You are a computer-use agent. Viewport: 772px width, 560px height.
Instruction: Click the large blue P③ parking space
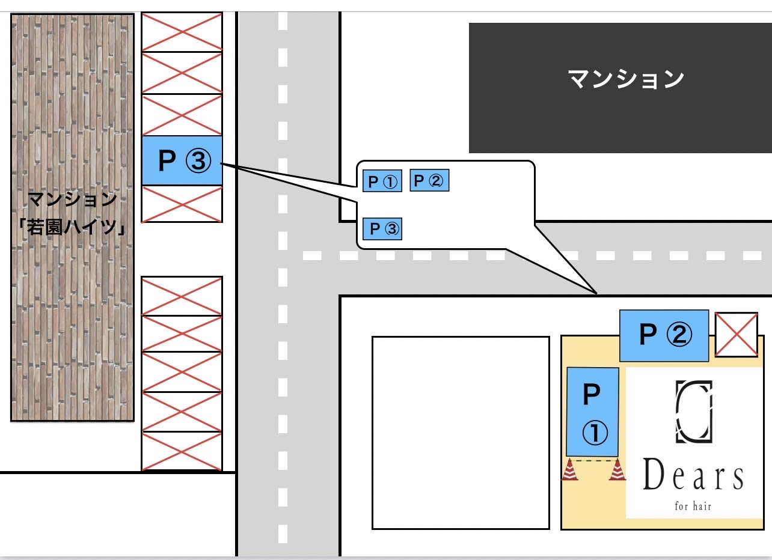click(182, 160)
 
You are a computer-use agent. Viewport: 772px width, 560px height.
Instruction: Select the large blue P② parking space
click(664, 336)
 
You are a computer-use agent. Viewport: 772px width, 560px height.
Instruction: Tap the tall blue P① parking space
click(592, 412)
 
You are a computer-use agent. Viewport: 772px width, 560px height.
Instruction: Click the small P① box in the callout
click(382, 181)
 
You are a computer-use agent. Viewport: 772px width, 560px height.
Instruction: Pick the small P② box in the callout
click(429, 180)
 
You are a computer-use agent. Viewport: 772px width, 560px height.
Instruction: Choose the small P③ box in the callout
click(382, 229)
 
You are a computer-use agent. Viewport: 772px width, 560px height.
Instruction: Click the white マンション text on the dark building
click(626, 79)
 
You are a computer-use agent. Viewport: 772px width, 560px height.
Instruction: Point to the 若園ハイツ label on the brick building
click(72, 227)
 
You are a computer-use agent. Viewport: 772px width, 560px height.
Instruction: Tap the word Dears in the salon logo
click(693, 475)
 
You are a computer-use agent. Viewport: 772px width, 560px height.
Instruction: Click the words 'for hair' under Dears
click(693, 507)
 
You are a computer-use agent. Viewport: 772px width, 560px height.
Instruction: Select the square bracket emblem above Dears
click(694, 412)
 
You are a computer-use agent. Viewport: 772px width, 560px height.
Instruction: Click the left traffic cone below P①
click(570, 469)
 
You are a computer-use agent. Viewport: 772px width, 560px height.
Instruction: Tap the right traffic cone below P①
click(617, 469)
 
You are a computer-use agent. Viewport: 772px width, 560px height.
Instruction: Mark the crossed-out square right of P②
click(736, 335)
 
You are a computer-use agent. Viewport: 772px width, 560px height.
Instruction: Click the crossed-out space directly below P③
click(182, 204)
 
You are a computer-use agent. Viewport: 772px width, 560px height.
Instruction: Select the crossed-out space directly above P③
click(182, 114)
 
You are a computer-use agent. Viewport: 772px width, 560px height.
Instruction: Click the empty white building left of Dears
click(461, 433)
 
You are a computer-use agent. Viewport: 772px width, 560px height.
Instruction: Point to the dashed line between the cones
click(593, 460)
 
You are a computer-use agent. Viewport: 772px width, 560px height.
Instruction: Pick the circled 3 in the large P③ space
click(198, 161)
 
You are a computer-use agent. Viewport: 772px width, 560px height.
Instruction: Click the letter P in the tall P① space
click(592, 394)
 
